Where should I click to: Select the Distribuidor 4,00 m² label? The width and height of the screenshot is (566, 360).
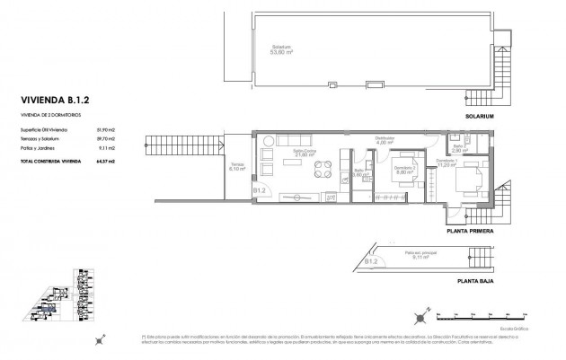point(385,141)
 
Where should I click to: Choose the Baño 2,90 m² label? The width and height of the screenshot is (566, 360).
point(459,150)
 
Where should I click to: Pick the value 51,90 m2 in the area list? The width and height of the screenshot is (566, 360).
point(104,131)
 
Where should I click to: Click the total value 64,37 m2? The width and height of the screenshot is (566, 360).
point(104,160)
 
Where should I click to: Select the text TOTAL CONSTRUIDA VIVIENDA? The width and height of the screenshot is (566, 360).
point(47,160)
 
